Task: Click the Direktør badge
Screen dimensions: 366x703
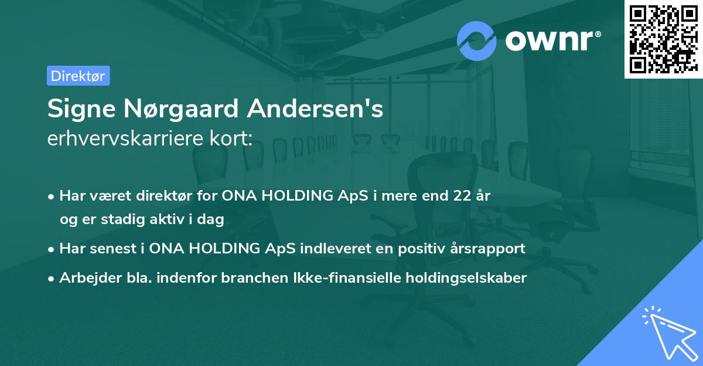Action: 78,76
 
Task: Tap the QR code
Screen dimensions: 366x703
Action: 661,39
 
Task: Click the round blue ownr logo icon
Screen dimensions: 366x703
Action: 477,40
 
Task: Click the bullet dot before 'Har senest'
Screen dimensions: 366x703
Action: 52,249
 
